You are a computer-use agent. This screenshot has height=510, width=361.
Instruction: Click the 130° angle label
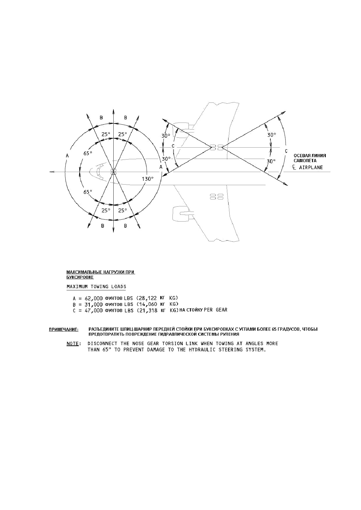coord(147,179)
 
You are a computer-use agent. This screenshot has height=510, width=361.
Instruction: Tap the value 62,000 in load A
coord(94,298)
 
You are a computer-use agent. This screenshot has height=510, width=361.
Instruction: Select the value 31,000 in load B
coord(94,304)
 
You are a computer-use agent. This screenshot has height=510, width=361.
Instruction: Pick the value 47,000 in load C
coord(94,311)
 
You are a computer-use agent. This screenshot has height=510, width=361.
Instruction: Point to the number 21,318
coord(148,311)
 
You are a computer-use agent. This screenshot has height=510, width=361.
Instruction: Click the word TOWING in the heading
coord(100,286)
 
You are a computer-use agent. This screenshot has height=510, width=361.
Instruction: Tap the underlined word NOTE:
coord(73,343)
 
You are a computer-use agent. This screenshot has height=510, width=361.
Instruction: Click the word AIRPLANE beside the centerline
coord(311,167)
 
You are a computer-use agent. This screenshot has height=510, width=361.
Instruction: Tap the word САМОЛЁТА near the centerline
coord(305,161)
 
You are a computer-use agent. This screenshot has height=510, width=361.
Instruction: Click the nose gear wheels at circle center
coord(113,172)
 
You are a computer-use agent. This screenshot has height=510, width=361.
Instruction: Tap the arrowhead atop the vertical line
coord(113,111)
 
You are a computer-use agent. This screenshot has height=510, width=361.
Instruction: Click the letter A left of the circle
coord(67,156)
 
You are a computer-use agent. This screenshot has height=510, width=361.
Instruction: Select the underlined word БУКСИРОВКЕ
coord(80,277)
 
